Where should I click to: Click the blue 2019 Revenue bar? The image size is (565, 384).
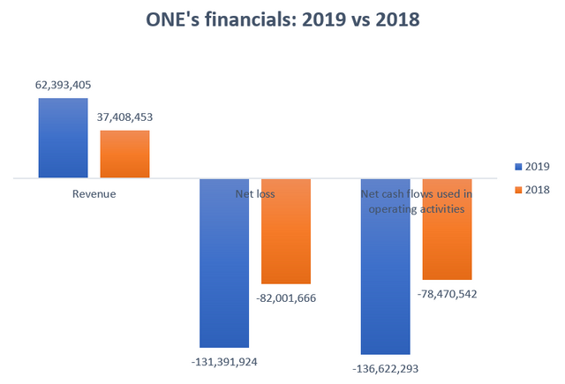click(63, 138)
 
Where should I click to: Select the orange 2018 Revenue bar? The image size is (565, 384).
click(124, 154)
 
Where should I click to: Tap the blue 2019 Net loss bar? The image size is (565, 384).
click(225, 262)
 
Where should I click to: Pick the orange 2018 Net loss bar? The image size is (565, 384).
click(286, 230)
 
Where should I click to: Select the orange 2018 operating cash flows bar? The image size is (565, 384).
click(447, 229)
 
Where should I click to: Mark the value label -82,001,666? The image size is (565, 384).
click(285, 297)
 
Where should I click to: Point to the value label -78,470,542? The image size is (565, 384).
click(446, 293)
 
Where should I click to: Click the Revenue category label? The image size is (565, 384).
click(94, 193)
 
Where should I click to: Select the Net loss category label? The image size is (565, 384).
click(255, 193)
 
